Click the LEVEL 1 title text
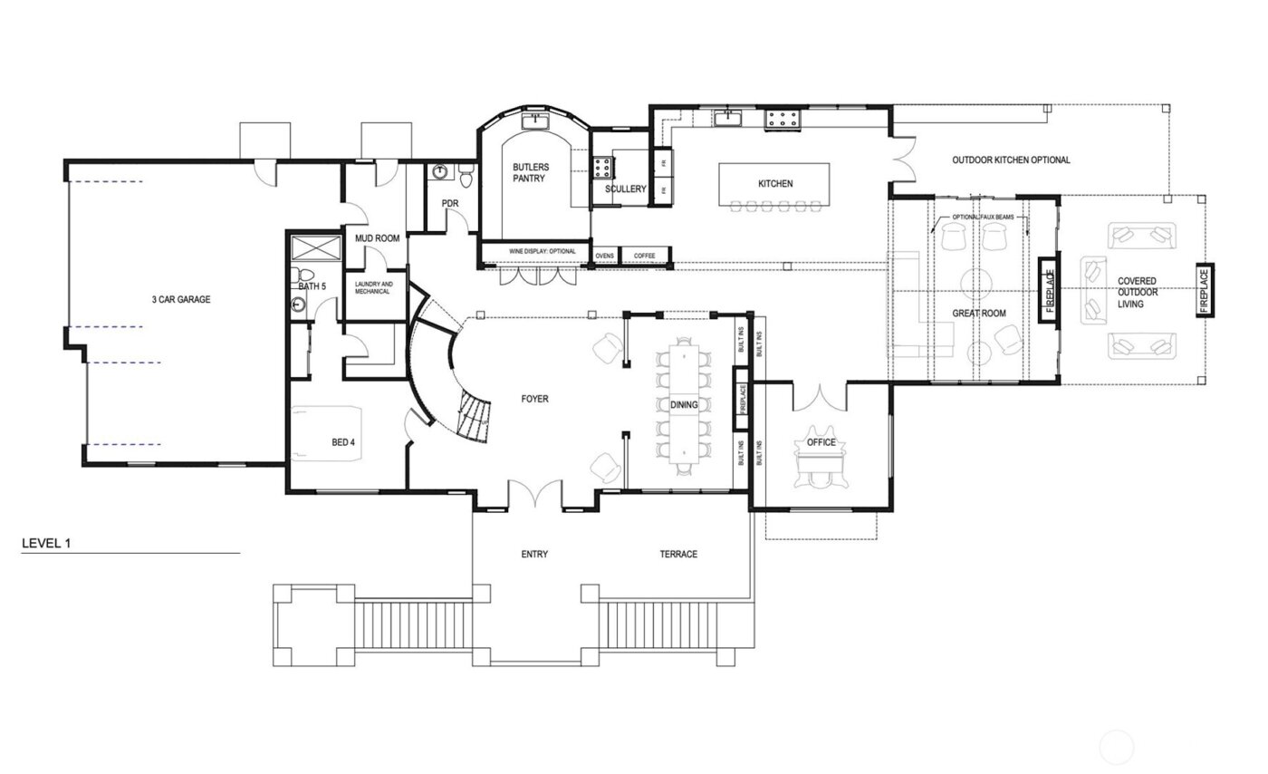coord(45,544)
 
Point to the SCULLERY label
coord(626,189)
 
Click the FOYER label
coord(534,399)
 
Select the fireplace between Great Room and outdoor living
coord(1050,291)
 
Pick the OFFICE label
coord(821,442)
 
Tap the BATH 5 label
coord(312,286)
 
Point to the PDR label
coord(450,203)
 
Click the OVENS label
coord(604,256)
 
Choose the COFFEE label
coord(644,256)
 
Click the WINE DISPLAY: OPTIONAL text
coord(534,251)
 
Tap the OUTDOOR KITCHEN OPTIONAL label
coord(1011,160)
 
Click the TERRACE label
coord(678,554)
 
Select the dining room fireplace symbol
coord(742,399)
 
